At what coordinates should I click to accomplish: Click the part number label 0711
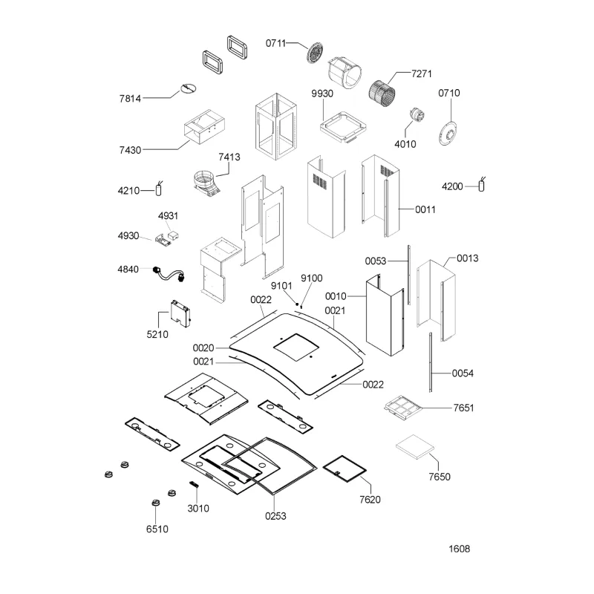275,43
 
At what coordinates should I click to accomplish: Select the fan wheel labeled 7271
382,93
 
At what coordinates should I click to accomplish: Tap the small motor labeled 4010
417,115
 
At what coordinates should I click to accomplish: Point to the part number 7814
130,99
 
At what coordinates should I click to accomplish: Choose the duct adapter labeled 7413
206,183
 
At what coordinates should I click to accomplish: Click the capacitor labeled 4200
481,184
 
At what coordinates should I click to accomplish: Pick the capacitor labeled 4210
159,189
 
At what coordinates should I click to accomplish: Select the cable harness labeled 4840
169,275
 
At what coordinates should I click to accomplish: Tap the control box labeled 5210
180,313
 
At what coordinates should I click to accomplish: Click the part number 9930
322,94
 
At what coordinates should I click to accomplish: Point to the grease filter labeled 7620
345,469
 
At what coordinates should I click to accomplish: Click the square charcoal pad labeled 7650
415,447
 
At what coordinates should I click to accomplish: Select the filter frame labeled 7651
403,408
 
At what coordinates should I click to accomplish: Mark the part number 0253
275,516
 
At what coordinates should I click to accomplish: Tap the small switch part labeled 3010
194,485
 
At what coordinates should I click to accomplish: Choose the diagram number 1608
459,549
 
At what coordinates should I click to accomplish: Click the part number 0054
463,373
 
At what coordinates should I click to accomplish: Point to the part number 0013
467,258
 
